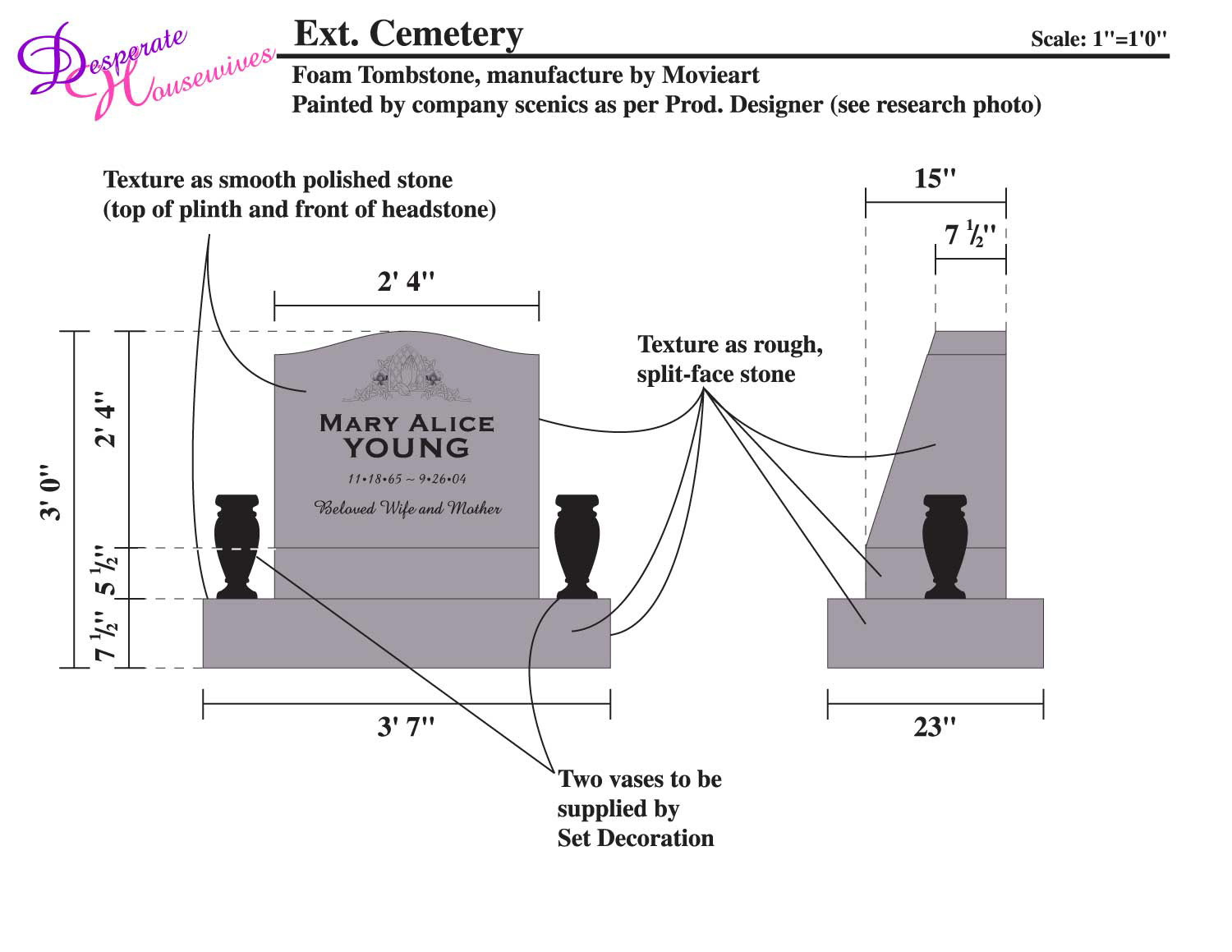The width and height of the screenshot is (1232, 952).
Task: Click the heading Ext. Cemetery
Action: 408,34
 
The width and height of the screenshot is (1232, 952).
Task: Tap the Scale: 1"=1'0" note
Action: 1098,39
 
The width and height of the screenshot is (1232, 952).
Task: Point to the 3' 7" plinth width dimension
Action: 406,727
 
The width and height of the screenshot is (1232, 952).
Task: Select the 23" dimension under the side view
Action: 935,727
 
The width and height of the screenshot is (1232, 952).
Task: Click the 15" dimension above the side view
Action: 935,179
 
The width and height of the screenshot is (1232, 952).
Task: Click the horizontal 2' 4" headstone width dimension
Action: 406,283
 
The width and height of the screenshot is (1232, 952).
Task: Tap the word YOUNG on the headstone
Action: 407,448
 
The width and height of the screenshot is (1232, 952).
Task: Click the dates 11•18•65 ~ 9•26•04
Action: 407,479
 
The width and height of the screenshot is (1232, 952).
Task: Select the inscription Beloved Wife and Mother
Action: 408,508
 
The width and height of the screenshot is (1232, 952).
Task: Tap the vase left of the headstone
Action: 237,545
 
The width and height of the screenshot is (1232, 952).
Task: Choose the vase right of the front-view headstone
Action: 577,545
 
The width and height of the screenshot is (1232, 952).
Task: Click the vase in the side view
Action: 945,545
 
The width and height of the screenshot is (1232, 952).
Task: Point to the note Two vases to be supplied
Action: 639,808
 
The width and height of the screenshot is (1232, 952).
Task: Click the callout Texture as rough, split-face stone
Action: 729,359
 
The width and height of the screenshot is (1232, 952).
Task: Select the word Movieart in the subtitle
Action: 710,76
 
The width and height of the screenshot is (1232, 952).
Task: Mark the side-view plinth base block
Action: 935,633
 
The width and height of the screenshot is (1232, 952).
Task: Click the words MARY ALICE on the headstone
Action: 407,424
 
